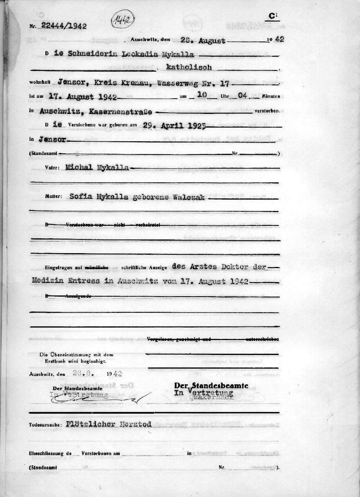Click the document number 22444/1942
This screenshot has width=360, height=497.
point(64,26)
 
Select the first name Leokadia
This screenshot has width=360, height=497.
point(131,55)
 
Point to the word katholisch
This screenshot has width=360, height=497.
point(189,67)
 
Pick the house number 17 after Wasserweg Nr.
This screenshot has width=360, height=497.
point(226,83)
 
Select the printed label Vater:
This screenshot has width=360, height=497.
point(52,167)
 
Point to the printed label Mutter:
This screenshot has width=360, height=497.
point(53,196)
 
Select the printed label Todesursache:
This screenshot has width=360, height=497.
point(45,424)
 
